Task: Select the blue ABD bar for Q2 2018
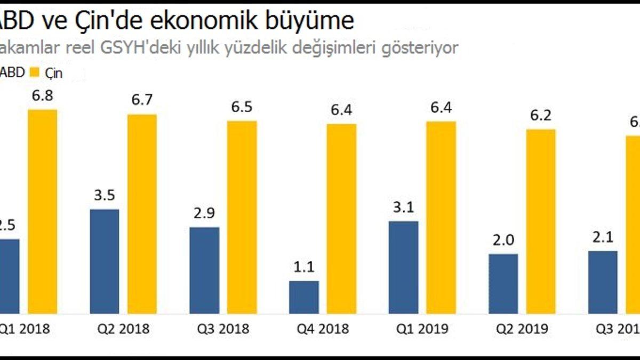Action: click(x=105, y=261)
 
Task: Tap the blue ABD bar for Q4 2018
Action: click(x=304, y=297)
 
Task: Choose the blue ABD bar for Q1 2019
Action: click(x=404, y=267)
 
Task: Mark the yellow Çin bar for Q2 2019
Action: click(x=541, y=221)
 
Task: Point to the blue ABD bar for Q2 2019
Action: click(x=503, y=284)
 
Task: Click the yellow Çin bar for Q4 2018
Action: click(x=342, y=219)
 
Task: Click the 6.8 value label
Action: click(x=43, y=98)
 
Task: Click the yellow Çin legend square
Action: click(x=37, y=73)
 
